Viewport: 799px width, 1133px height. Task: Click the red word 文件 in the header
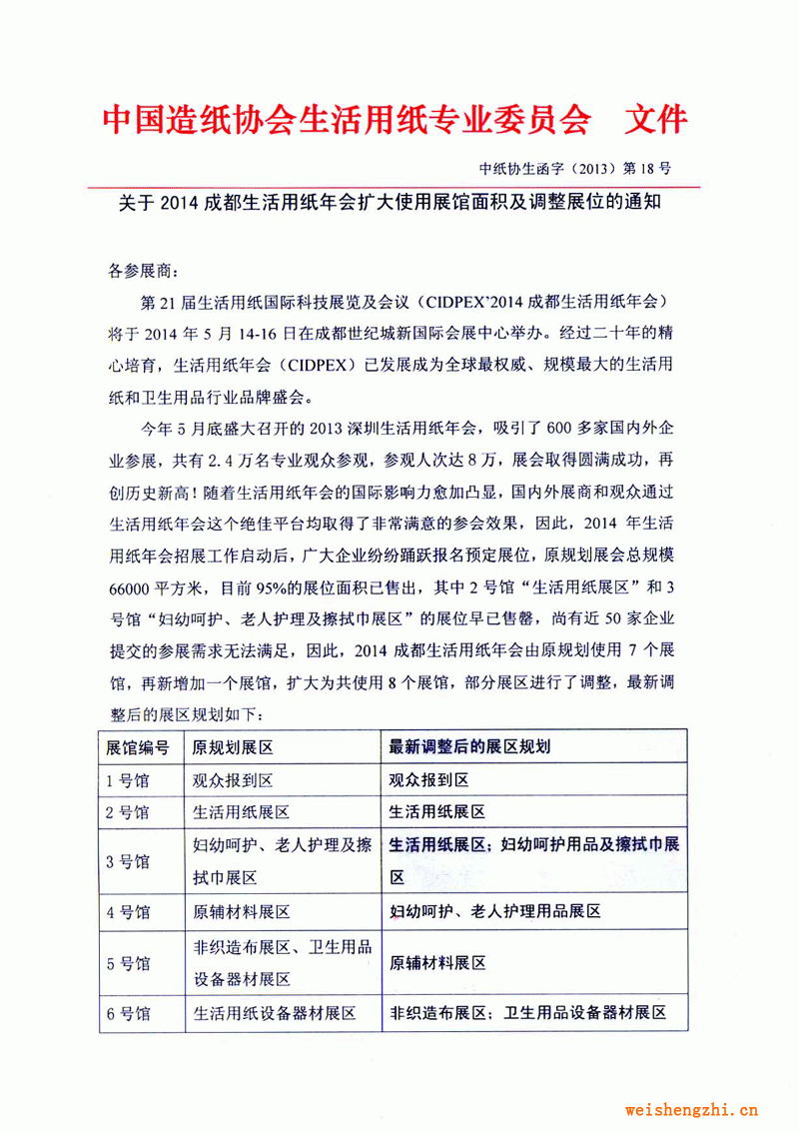pos(655,120)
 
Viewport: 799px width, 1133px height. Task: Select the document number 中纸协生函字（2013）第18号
pos(589,167)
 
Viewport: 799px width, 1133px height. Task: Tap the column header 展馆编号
pos(138,747)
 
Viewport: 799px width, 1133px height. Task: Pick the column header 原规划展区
pos(233,747)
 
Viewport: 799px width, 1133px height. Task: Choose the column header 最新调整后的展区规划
pos(470,747)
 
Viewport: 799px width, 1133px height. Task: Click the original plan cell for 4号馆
pos(241,911)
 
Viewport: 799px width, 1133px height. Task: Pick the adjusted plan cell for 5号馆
pos(437,963)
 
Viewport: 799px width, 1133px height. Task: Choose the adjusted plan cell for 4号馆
pos(494,911)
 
